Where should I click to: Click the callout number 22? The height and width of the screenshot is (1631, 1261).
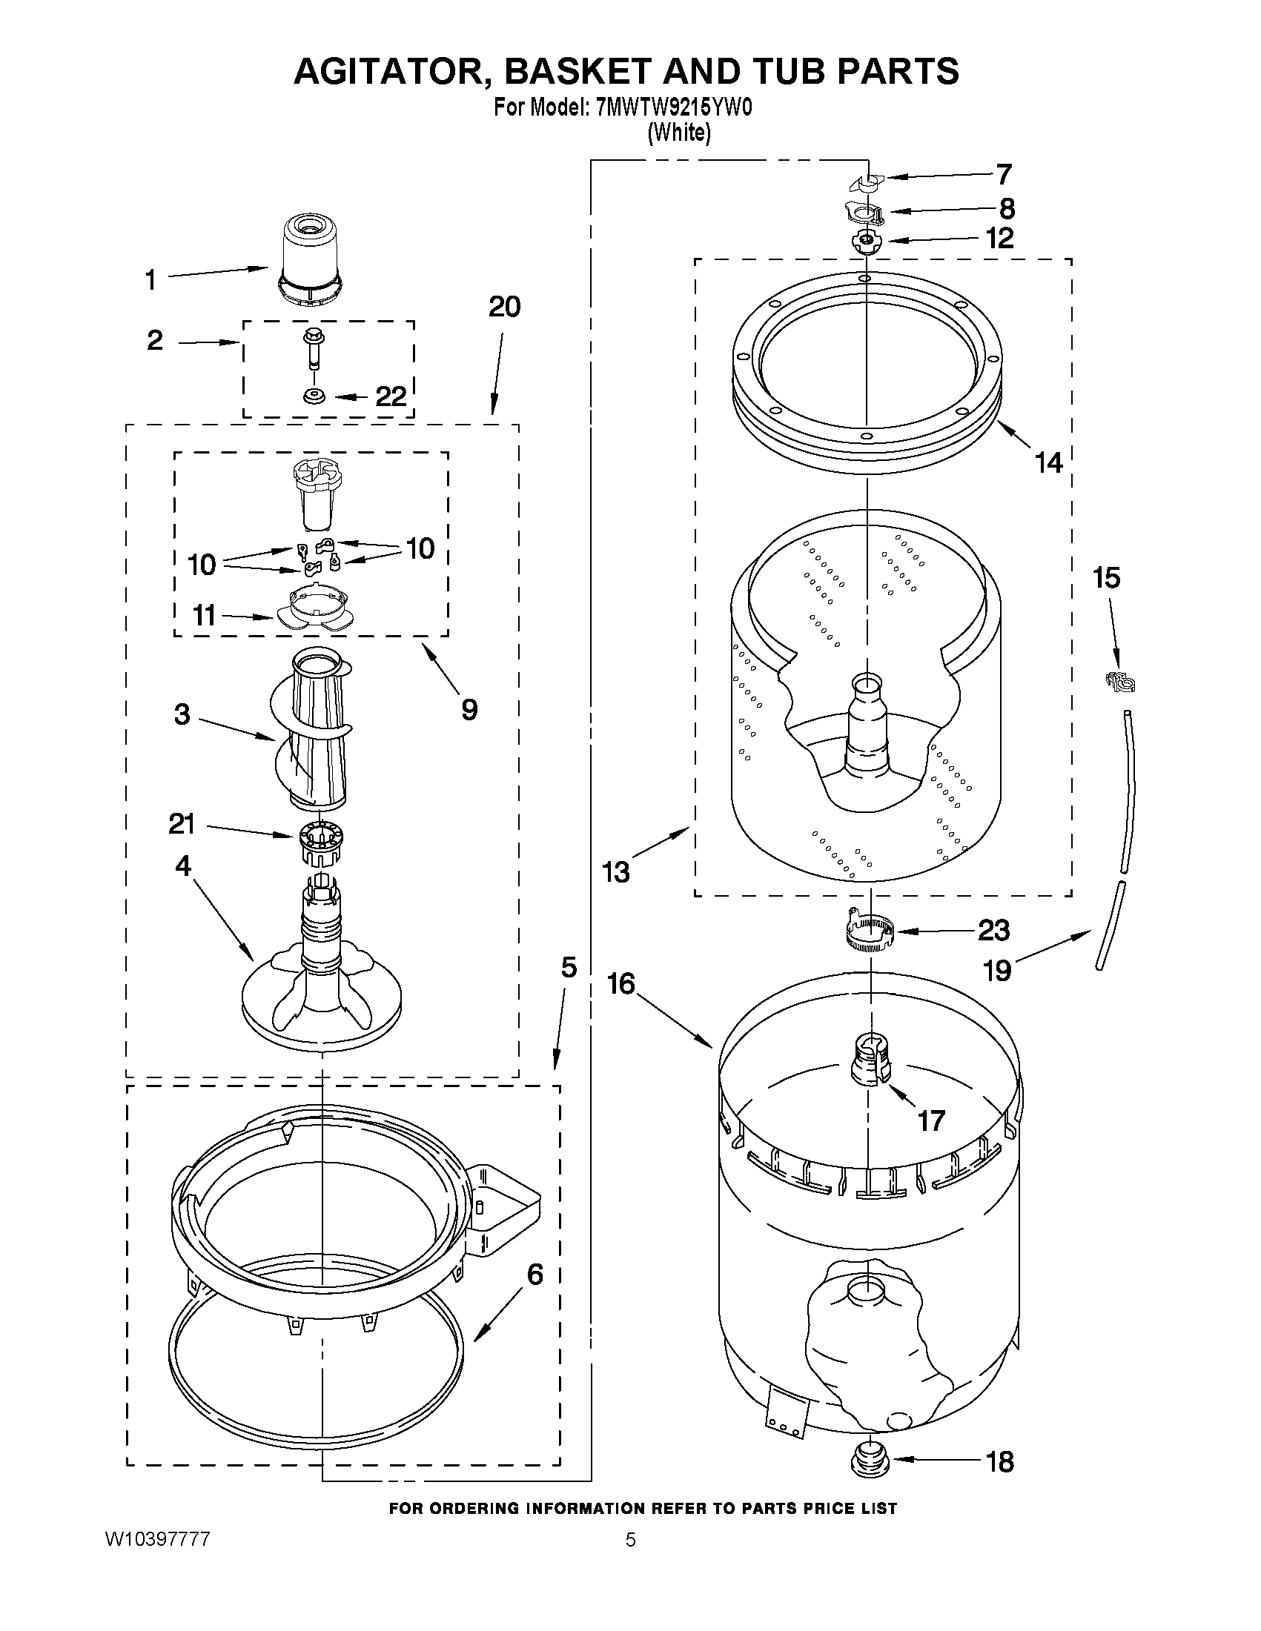click(391, 396)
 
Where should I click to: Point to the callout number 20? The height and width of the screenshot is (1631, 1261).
click(504, 307)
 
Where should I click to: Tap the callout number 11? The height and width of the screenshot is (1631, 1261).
click(204, 615)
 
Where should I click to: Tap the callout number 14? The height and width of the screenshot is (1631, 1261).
click(1049, 463)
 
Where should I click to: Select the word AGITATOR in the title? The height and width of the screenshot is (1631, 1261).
click(391, 71)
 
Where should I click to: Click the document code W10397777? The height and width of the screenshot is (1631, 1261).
click(157, 1539)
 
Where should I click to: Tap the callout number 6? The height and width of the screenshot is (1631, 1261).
click(535, 1274)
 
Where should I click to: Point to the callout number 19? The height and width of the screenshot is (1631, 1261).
click(997, 970)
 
